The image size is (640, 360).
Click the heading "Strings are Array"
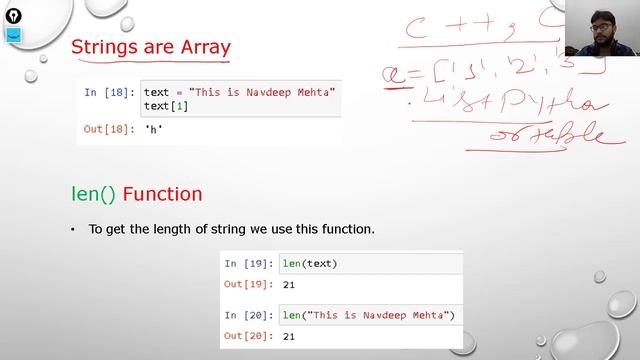(151, 47)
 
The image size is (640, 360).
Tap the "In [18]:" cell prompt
(110, 93)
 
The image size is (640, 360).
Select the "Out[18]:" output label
(110, 129)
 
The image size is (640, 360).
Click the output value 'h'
(154, 129)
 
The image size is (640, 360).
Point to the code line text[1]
(166, 106)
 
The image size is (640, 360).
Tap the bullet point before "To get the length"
(73, 230)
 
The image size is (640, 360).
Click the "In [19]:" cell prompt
(249, 264)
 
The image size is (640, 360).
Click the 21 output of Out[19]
(289, 285)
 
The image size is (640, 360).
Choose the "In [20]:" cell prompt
(249, 316)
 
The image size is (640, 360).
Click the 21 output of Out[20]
(289, 337)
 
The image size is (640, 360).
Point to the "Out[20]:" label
(249, 337)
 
